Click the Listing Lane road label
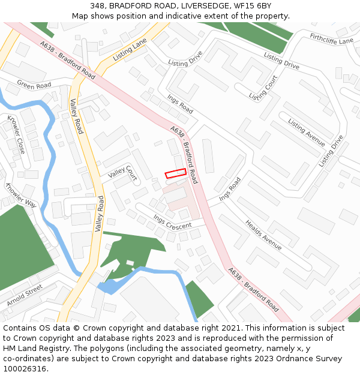[130, 51]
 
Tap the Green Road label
[34, 86]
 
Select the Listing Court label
[263, 88]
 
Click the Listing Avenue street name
[306, 133]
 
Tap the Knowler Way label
[21, 195]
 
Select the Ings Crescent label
[172, 221]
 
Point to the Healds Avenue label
[263, 235]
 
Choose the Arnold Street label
[25, 296]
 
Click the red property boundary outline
[175, 173]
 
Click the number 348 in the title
[98, 5]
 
